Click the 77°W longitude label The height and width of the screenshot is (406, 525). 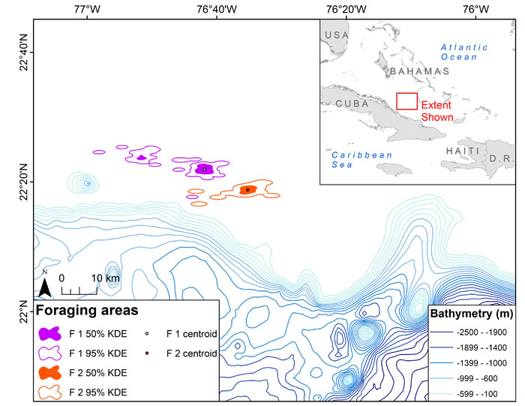[x=88, y=9]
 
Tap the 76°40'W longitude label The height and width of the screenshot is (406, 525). [x=217, y=9]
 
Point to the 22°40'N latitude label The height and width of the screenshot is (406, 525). [x=25, y=53]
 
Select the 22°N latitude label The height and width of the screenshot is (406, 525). [x=25, y=312]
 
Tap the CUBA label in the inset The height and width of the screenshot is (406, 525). [x=352, y=104]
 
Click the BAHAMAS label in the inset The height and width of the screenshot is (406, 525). [x=420, y=71]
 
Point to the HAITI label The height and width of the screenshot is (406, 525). [x=463, y=151]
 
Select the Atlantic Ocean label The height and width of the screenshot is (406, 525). [x=463, y=53]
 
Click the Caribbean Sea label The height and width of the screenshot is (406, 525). [x=361, y=160]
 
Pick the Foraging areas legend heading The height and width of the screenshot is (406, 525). [x=87, y=310]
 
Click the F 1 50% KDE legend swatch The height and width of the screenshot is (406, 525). [x=50, y=334]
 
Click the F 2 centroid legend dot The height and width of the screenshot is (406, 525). [x=147, y=353]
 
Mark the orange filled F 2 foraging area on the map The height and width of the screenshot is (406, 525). [x=248, y=190]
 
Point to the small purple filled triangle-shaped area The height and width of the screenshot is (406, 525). [x=142, y=157]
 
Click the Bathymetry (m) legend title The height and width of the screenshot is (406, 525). [x=472, y=314]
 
